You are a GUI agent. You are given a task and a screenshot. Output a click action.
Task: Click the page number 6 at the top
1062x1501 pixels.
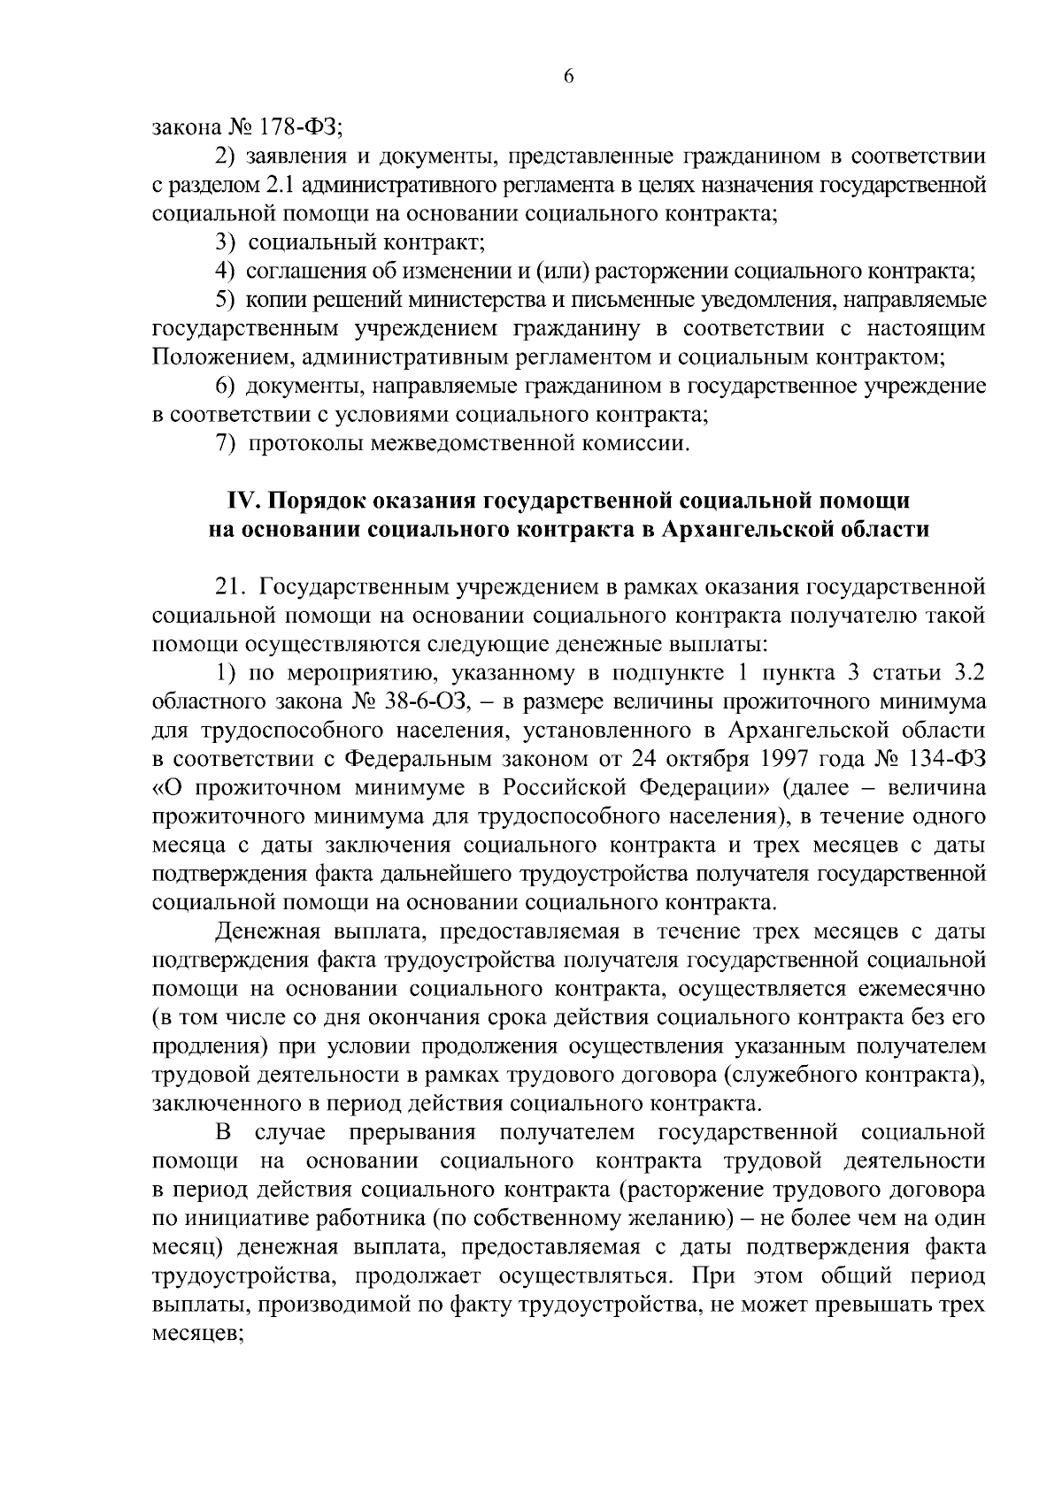(569, 77)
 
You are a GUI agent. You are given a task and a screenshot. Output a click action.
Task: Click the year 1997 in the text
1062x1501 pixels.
(763, 759)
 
